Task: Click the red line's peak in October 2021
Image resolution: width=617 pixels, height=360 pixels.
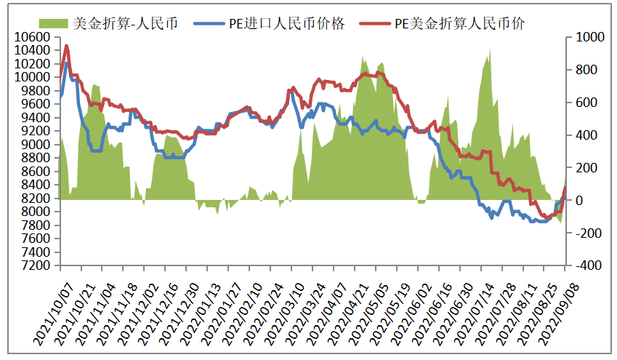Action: (x=67, y=47)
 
